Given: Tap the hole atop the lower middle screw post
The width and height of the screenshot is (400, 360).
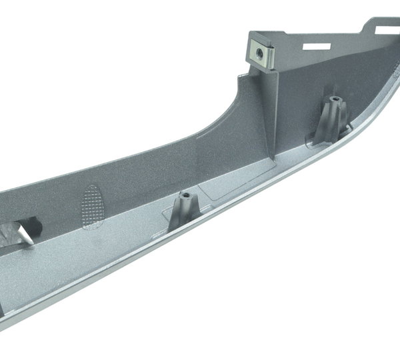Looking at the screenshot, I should coord(186,197).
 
